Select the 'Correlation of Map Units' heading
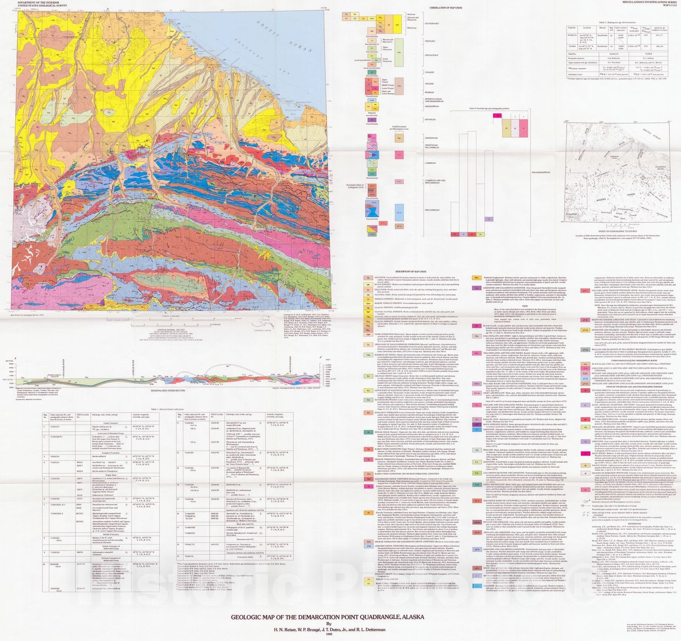tap(446, 8)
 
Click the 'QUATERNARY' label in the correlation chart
tap(432, 24)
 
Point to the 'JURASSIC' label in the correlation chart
tap(429, 72)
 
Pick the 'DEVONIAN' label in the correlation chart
tap(430, 120)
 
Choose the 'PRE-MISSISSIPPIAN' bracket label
tap(541, 172)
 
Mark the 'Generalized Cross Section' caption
tap(168, 391)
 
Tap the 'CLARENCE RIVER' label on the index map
tap(660, 169)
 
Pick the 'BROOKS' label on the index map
tap(601, 200)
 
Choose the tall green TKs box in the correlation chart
tap(399, 52)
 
